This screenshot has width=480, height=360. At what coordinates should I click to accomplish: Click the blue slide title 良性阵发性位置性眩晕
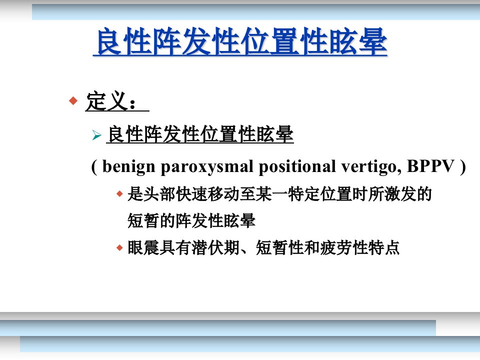tap(240, 41)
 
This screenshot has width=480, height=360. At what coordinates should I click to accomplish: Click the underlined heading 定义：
tap(117, 101)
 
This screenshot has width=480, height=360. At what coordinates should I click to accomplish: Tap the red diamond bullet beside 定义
tap(73, 100)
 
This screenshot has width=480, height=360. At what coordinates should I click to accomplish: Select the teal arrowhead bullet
tap(96, 135)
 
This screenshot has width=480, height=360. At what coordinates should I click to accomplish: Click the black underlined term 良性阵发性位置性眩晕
tap(200, 134)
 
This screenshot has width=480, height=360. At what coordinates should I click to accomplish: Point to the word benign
tap(129, 167)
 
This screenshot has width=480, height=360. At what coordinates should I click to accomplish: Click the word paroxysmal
tap(207, 167)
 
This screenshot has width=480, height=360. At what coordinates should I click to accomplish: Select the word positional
tap(297, 167)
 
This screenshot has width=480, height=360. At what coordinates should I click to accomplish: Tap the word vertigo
tap(371, 167)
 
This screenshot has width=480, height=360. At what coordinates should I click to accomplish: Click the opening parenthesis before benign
tap(94, 167)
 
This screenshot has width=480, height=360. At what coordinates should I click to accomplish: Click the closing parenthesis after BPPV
tap(462, 167)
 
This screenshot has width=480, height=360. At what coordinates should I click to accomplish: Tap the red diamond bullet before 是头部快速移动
tap(119, 194)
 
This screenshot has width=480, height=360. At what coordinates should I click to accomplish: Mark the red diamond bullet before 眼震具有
tap(119, 247)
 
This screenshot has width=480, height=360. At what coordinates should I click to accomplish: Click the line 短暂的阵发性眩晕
tap(191, 220)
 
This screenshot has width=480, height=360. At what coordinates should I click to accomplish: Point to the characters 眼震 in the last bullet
tap(143, 247)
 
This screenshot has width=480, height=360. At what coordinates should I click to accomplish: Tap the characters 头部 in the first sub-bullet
tap(159, 194)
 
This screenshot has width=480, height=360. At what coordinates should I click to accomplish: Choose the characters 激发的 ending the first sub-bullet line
tap(407, 194)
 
